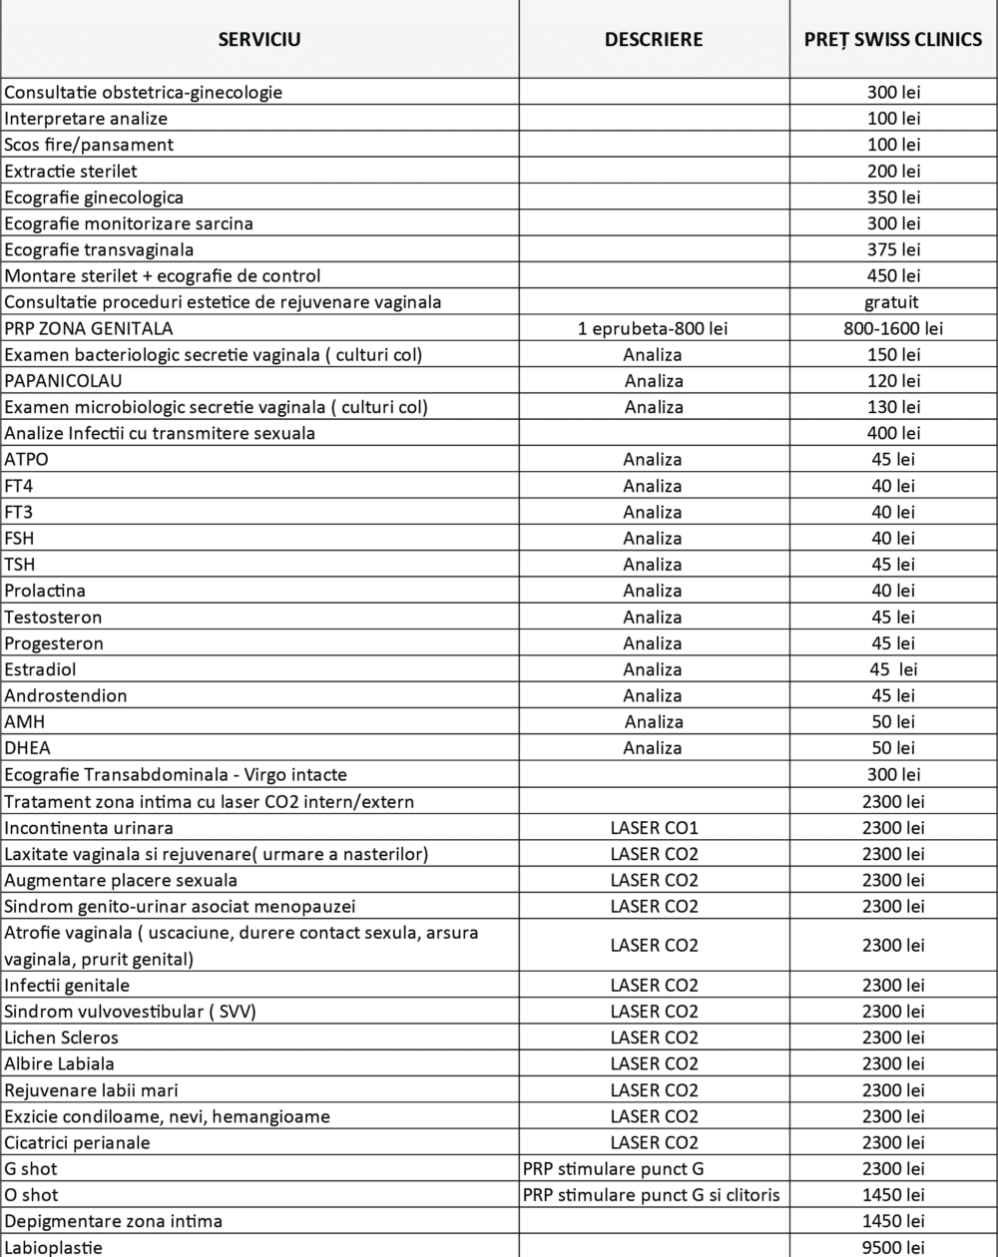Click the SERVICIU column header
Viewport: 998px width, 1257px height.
259,40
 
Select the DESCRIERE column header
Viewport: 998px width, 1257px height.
654,40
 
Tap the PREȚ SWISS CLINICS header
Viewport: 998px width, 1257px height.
893,40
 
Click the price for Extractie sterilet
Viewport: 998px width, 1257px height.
893,171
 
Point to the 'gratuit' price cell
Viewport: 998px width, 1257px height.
893,301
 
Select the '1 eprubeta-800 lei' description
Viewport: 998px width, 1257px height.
654,328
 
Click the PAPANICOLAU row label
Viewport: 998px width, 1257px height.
64,380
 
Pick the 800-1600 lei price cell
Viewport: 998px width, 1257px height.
893,328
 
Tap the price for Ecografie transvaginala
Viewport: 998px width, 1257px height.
893,249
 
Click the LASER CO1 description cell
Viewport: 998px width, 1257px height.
654,827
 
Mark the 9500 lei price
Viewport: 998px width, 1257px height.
893,1247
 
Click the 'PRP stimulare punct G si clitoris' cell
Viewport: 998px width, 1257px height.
652,1194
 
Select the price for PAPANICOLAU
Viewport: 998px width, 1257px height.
893,380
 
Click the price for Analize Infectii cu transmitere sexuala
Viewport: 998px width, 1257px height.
893,433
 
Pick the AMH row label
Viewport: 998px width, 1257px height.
25,721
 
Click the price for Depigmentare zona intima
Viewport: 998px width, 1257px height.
893,1221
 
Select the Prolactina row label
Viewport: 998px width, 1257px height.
45,591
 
